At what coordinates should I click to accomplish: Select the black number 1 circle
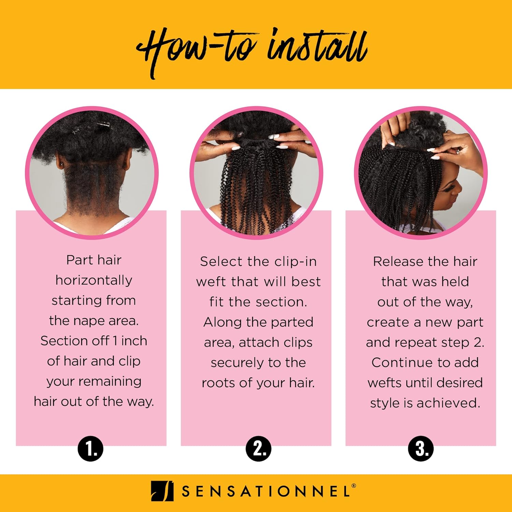point(90,449)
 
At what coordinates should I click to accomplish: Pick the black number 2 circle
point(258,449)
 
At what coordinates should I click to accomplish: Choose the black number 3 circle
point(421,449)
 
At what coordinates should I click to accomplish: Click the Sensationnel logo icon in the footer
point(162,491)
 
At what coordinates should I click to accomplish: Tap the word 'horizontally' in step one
point(94,280)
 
